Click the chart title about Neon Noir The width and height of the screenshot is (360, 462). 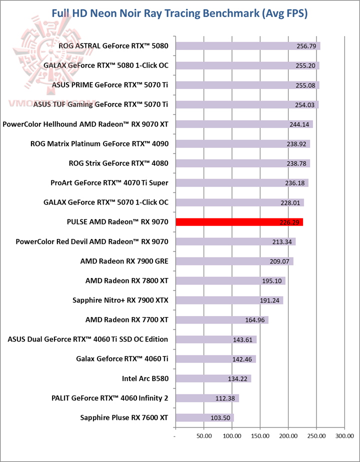[x=180, y=13]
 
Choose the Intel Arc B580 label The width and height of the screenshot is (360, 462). [x=145, y=378]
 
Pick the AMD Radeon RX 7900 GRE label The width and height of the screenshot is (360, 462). [x=124, y=261]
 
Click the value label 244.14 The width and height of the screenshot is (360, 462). [x=301, y=124]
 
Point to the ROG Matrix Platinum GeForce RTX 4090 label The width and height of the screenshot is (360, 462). [x=99, y=144]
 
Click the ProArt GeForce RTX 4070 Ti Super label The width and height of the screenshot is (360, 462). [x=109, y=183]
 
